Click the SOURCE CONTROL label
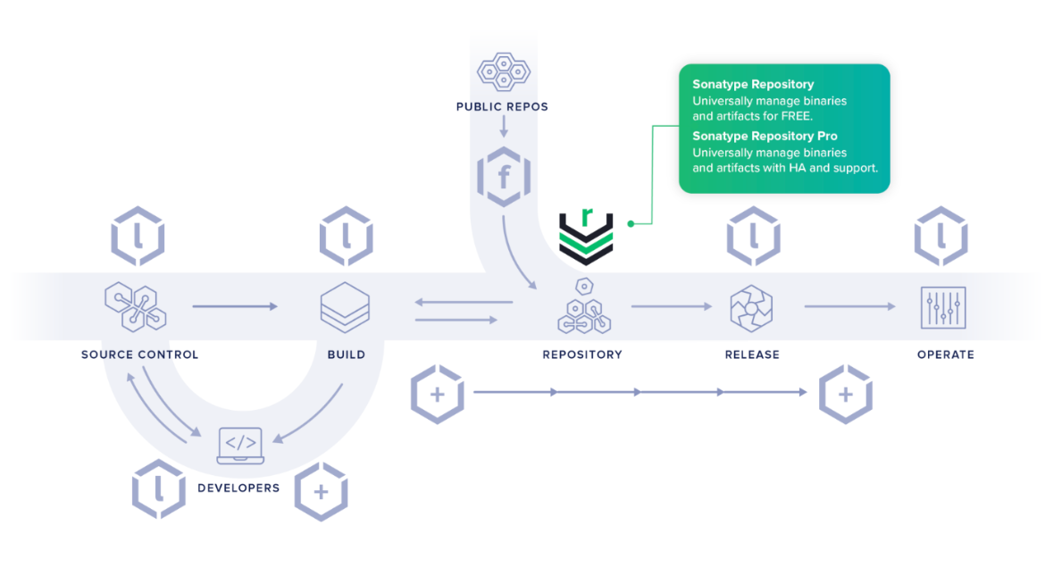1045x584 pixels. [140, 355]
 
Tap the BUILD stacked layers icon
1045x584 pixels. [346, 307]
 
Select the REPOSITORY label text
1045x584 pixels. [581, 355]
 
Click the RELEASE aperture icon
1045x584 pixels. [751, 308]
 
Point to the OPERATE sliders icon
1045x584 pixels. [943, 308]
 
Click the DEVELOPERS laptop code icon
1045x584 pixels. [240, 446]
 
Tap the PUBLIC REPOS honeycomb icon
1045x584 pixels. [504, 71]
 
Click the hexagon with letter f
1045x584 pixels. [504, 177]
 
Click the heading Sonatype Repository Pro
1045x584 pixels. [765, 136]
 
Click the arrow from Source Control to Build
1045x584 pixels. [235, 306]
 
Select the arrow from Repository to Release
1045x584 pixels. [671, 306]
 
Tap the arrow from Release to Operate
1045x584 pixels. [849, 306]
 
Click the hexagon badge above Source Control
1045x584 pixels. [138, 236]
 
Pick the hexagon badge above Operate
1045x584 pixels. [941, 236]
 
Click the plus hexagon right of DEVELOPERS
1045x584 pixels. [322, 491]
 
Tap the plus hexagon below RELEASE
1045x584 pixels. [846, 395]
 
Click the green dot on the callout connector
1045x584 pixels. [631, 224]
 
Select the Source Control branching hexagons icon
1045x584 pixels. [135, 306]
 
